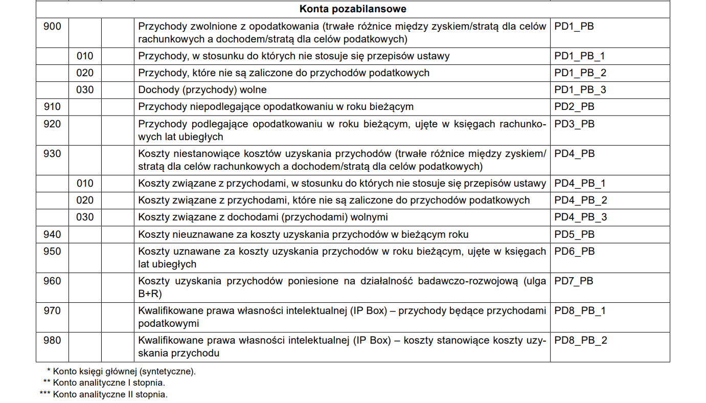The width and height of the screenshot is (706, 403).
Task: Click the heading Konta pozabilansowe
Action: point(353,9)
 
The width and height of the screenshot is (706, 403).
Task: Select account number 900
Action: point(52,26)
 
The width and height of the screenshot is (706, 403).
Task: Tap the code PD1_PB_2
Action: point(580,73)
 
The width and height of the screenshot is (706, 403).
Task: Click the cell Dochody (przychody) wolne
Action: point(202,90)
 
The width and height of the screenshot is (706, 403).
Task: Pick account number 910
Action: point(52,107)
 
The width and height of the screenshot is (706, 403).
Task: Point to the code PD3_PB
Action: point(574,124)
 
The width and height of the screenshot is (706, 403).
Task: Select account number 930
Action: point(52,153)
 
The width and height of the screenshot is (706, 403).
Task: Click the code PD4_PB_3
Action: point(580,217)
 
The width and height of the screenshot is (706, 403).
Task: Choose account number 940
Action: point(52,234)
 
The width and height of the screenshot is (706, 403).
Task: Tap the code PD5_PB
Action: point(574,234)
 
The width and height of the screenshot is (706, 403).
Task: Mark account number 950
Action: point(52,251)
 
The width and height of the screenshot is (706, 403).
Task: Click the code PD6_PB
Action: point(574,251)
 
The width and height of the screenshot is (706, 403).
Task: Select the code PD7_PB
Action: point(574,281)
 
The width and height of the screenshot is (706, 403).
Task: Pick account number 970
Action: point(52,310)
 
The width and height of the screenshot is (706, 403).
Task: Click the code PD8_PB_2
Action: point(580,340)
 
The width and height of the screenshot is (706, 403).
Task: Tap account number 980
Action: point(52,340)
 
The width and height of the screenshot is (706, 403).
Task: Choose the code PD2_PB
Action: point(574,107)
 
